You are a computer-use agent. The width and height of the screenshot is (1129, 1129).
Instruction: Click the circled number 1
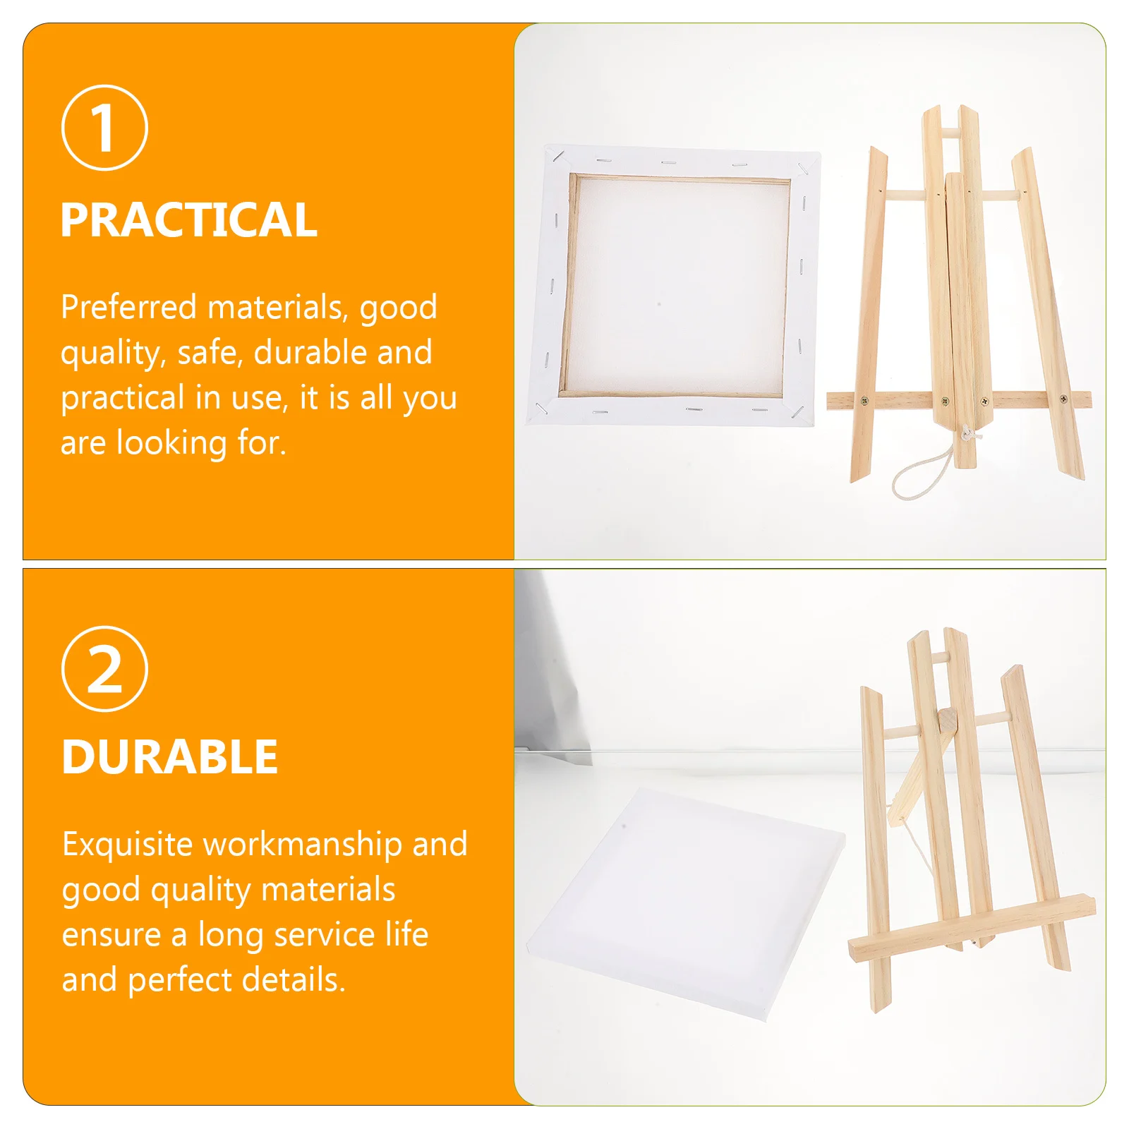[x=104, y=128]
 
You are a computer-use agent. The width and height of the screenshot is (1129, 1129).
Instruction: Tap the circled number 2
[x=104, y=669]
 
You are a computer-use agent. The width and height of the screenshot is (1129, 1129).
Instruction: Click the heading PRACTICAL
[x=189, y=220]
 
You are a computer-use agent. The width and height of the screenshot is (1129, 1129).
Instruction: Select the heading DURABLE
[x=170, y=757]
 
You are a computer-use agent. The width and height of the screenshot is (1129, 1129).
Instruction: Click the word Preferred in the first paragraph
[x=128, y=307]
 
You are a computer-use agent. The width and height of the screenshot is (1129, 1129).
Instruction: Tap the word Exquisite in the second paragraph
[x=127, y=845]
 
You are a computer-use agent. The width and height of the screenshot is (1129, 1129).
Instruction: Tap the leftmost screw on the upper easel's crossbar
[x=864, y=402]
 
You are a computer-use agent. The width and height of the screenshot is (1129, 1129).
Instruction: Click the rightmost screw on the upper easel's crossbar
[x=1063, y=400]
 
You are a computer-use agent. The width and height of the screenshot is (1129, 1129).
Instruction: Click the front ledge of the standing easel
[x=972, y=929]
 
